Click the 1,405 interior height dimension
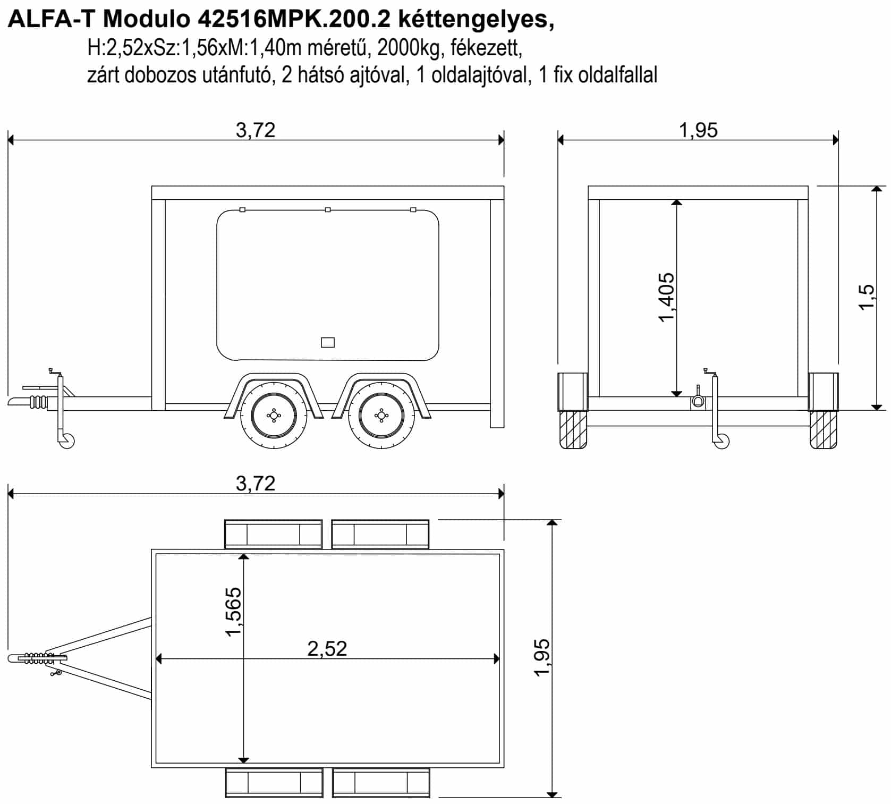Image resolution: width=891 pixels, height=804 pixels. pyautogui.click(x=666, y=298)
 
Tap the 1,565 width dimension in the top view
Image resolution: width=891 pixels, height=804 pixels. pyautogui.click(x=233, y=612)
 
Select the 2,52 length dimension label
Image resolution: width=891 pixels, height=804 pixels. pyautogui.click(x=327, y=648)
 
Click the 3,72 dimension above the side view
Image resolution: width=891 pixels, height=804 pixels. pyautogui.click(x=256, y=130)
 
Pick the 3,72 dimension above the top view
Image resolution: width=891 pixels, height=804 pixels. pyautogui.click(x=256, y=484)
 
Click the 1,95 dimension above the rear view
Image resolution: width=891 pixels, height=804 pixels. pyautogui.click(x=698, y=130)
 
